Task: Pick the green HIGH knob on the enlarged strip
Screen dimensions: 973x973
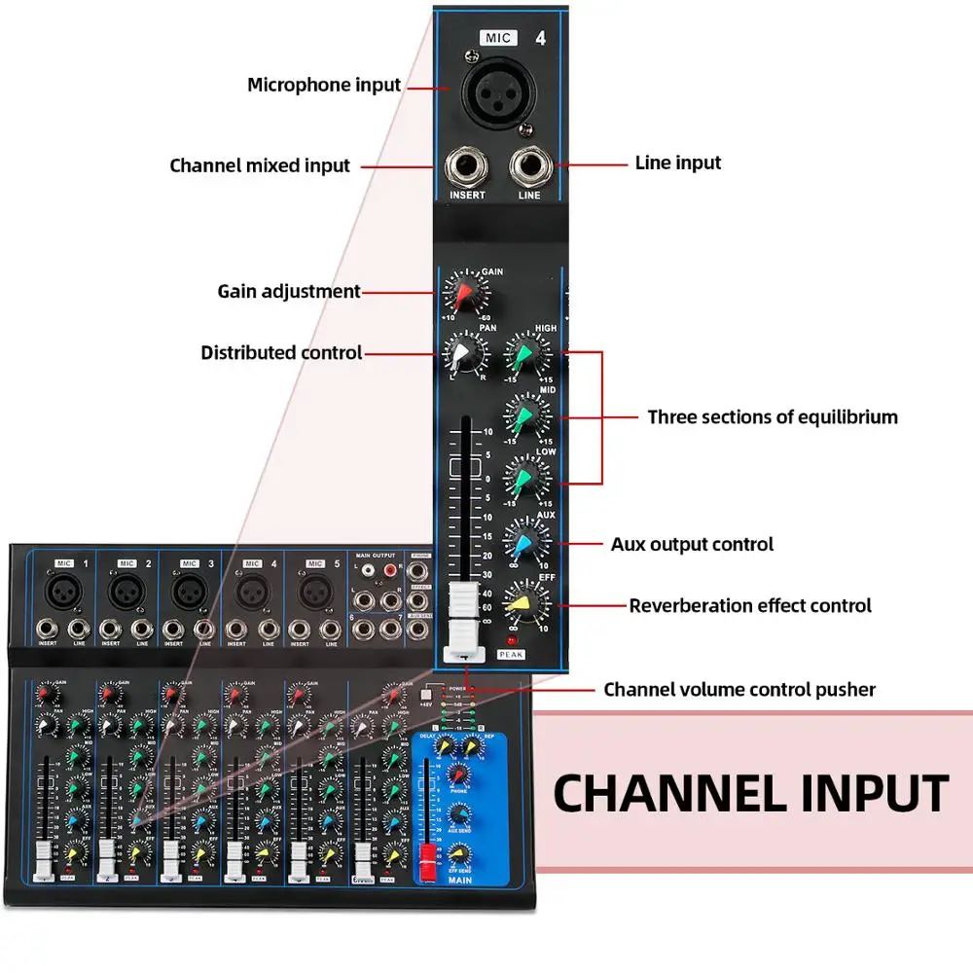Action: tap(525, 356)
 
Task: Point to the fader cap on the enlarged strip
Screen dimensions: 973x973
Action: tap(464, 623)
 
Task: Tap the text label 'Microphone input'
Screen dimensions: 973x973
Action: tap(324, 85)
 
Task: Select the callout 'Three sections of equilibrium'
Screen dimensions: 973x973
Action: tap(773, 417)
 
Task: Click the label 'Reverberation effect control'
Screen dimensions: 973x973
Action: tap(750, 605)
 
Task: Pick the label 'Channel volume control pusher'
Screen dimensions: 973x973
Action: tap(739, 690)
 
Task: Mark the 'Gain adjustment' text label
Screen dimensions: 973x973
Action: tap(289, 291)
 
